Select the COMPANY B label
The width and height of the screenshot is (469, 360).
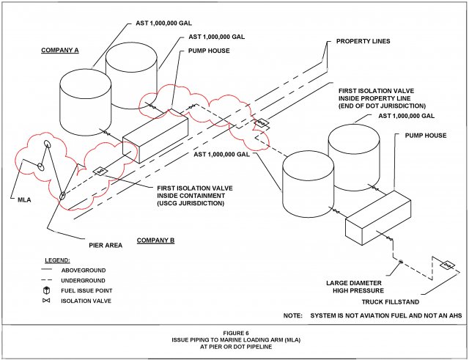point(155,240)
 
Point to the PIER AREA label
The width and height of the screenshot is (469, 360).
point(105,246)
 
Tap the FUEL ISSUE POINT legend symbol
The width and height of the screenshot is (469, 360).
point(46,291)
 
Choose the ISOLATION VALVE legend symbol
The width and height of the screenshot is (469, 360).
point(46,301)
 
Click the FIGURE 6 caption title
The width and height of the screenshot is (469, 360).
point(234,332)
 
